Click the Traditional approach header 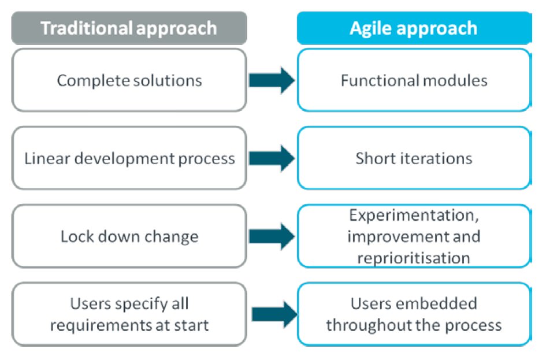point(129,28)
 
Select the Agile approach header point(414,28)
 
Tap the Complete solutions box point(129,80)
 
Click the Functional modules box point(414,80)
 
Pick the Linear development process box point(129,158)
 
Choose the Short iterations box point(414,158)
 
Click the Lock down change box point(129,236)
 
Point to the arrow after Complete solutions point(272,80)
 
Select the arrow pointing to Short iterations point(272,158)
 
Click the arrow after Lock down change point(272,236)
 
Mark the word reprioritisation point(414,258)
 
